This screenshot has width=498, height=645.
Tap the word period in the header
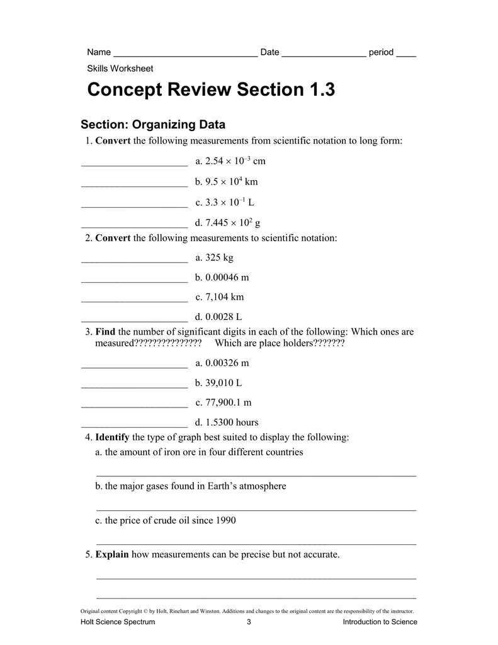point(381,52)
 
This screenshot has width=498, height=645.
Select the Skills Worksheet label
point(120,69)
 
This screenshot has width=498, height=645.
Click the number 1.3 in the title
point(322,90)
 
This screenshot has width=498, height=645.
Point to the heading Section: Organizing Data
point(153,125)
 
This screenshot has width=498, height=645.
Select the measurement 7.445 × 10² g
point(228,222)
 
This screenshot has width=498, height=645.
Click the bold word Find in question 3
point(105,332)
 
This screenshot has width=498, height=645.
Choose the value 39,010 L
point(218,382)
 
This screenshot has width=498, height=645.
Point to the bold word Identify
point(112,437)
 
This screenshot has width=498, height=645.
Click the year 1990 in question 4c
point(225,521)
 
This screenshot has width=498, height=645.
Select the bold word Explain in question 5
point(112,555)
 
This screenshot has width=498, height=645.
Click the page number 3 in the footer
point(249,622)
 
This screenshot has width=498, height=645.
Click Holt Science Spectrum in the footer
point(118,622)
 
